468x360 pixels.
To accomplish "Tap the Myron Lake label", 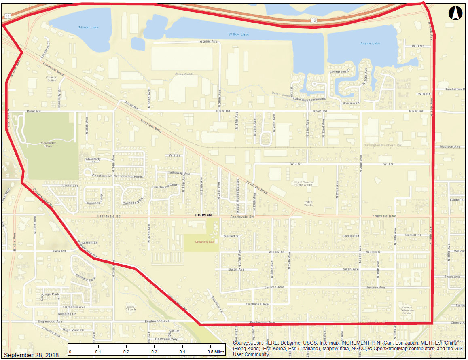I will (89, 28).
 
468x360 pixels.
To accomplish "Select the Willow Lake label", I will (239, 34).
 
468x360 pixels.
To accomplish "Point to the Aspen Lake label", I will (370, 43).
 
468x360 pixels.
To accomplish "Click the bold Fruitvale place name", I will (203, 215).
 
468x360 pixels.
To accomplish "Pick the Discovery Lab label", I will (204, 241).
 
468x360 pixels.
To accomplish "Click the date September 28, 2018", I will (31, 355).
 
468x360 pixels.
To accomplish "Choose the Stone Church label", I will (131, 308).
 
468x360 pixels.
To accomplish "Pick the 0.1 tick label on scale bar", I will (98, 352).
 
